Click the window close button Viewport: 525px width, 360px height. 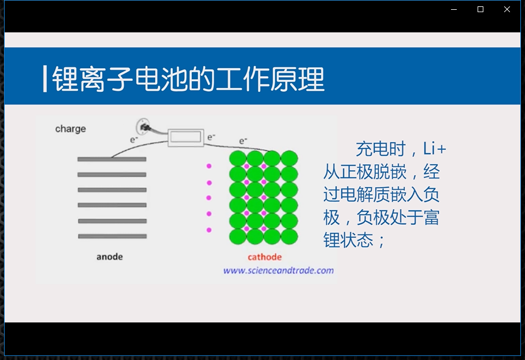tap(507, 9)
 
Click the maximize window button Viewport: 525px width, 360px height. tap(480, 9)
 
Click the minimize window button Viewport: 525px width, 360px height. tap(454, 9)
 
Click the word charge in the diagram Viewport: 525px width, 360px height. tap(71, 129)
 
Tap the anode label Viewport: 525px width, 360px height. tap(109, 257)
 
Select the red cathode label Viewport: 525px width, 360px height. tap(264, 257)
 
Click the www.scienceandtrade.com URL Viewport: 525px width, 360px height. tap(279, 270)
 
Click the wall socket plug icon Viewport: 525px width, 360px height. tap(143, 127)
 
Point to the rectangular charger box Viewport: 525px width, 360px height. tap(186, 137)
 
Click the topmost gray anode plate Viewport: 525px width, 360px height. tap(112, 159)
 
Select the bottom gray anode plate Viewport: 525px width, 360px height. tap(113, 236)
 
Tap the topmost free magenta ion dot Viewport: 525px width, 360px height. tap(209, 166)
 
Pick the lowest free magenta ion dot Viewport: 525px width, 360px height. tap(209, 230)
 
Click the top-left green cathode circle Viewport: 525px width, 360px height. tap(238, 158)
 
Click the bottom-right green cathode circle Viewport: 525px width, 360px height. tap(289, 236)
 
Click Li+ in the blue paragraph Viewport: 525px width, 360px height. tap(435, 149)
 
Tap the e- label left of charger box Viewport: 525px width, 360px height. tap(134, 139)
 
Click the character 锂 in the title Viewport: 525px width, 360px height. tap(66, 79)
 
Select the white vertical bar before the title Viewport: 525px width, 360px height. tap(45, 79)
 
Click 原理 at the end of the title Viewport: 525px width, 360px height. tap(298, 79)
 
